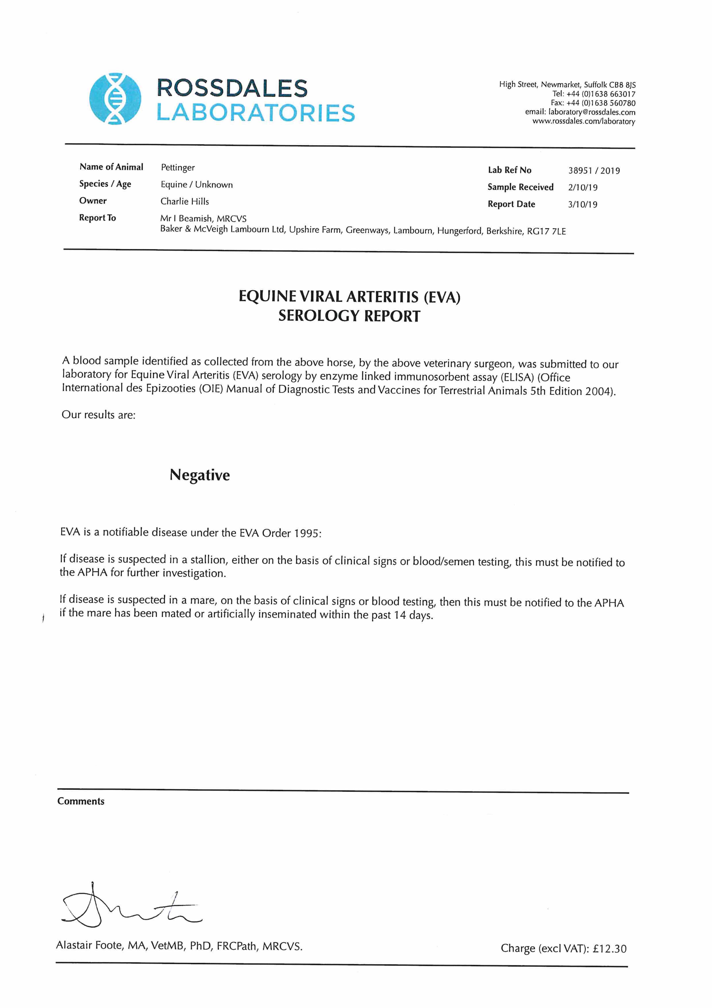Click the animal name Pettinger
(x=178, y=168)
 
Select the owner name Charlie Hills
(x=185, y=202)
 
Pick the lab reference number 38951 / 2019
(x=594, y=171)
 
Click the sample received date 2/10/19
(x=582, y=187)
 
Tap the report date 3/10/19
(x=582, y=205)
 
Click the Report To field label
(x=97, y=218)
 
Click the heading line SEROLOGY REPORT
(x=349, y=316)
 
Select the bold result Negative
(x=200, y=475)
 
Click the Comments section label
(x=81, y=801)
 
